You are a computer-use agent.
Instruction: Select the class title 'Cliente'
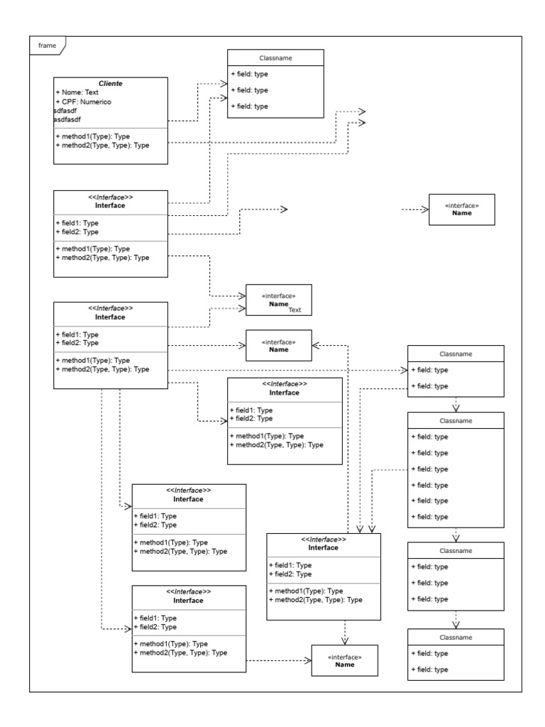click(x=110, y=84)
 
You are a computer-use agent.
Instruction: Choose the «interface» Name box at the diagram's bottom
click(x=344, y=660)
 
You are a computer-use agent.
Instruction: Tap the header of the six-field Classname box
click(x=456, y=420)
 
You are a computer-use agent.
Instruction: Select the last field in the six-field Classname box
click(x=431, y=517)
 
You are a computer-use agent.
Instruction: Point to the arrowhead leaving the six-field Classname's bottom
click(x=456, y=537)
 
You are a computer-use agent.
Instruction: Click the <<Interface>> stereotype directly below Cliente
click(x=110, y=197)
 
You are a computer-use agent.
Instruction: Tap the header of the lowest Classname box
click(x=456, y=637)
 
